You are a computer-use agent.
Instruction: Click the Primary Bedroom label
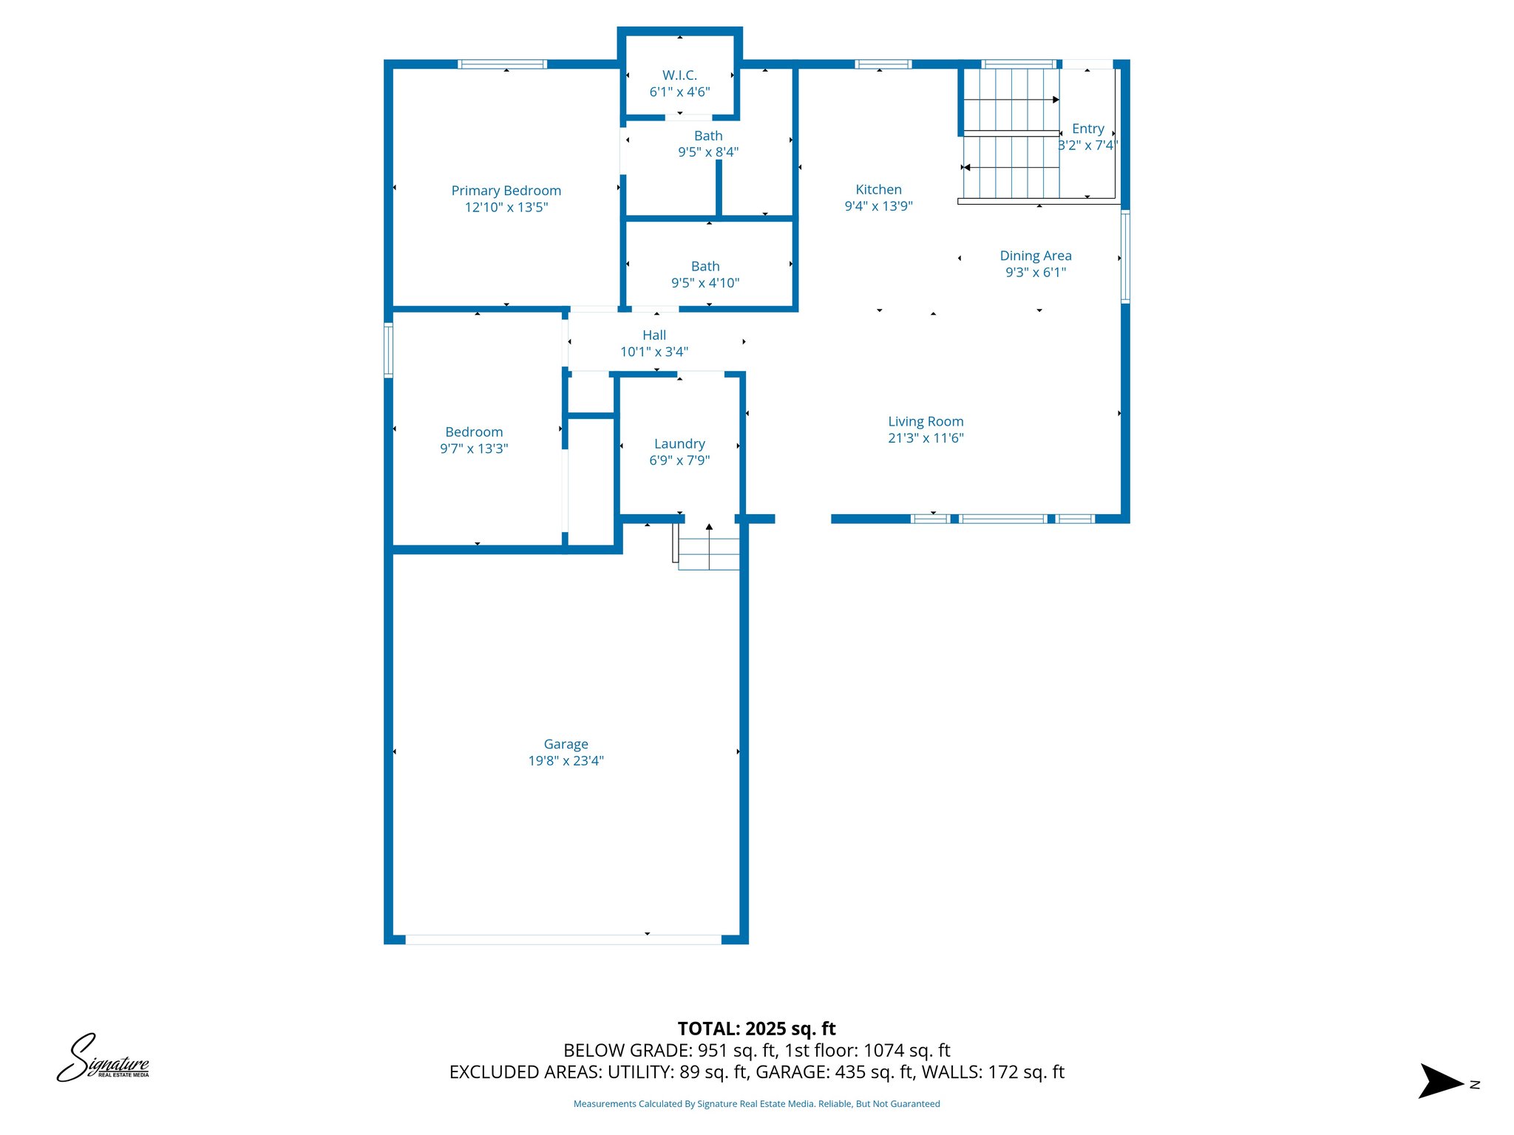506,191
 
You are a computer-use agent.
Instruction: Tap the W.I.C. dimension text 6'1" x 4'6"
679,92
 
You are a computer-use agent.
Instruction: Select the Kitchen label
878,190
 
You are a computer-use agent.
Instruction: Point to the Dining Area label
1035,256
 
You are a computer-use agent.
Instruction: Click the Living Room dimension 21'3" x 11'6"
926,438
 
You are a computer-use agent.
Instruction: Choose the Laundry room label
679,444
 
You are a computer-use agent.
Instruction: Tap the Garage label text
566,744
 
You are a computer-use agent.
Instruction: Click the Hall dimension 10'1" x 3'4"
654,352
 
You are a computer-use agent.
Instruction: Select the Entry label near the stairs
1087,129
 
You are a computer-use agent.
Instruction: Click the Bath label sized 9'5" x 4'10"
705,267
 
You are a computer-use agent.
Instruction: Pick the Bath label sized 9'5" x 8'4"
708,136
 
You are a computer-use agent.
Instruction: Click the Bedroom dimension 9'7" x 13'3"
474,449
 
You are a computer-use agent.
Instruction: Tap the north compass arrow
1440,1082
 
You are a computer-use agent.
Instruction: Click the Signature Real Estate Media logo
103,1059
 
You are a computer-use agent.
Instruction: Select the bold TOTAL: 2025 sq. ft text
756,1029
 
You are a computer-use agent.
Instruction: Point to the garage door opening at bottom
563,939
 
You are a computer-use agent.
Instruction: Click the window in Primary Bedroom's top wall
503,64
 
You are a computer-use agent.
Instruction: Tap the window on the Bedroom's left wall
388,350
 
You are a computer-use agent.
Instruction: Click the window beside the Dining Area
1125,256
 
